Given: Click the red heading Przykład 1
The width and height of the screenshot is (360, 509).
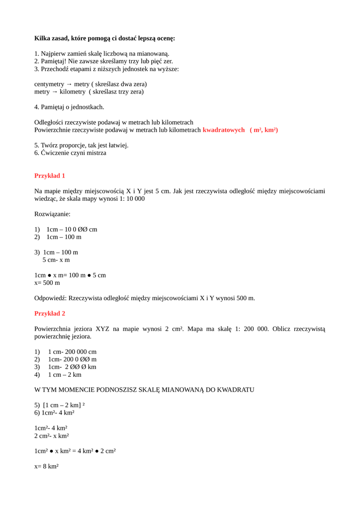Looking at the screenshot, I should coord(50,175).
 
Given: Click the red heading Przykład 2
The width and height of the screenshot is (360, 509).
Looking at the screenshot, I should coord(50,313).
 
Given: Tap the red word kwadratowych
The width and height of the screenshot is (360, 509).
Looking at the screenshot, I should coord(224,130).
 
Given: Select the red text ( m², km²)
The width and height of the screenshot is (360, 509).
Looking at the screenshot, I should coord(264,130).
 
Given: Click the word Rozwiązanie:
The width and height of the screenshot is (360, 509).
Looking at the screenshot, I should coord(52,214).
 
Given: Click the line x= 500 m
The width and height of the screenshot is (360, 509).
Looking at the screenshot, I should coord(47,282).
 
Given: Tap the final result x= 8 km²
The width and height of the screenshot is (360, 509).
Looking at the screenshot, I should coord(47,466).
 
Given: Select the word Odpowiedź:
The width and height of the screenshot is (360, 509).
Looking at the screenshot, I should coord(51,298).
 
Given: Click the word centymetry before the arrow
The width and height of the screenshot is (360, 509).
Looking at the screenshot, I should coord(50,84).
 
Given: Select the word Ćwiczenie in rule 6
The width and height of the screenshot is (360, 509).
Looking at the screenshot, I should coord(54,153).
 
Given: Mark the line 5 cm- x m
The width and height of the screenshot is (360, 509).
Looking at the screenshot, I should coord(56,259).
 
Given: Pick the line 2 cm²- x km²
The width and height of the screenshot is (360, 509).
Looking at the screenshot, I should coord(52,435).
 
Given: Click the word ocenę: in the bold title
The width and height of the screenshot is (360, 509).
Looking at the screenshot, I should coord(164,38).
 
